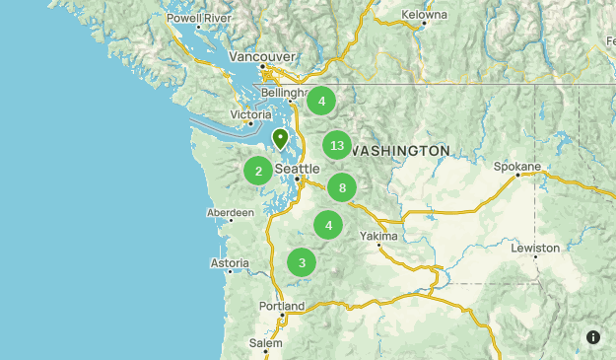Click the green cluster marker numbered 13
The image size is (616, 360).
(337, 145)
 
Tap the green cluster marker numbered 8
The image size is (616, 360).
(342, 187)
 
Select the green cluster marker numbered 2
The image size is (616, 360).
(258, 171)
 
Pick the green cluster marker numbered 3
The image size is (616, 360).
(302, 262)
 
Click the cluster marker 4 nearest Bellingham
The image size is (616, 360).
(321, 101)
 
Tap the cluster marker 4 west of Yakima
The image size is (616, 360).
(328, 225)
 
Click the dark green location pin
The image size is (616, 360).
(280, 139)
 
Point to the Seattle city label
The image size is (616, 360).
(297, 170)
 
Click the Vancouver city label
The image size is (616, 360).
(261, 57)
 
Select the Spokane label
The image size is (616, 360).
(517, 167)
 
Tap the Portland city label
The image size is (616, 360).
(282, 306)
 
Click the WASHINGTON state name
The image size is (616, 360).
(400, 151)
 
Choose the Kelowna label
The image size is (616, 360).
(424, 15)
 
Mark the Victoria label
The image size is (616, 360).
(250, 114)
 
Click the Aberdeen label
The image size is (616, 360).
(231, 212)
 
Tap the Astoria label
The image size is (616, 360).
(230, 263)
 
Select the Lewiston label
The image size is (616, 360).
(535, 248)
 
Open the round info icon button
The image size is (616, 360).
(593, 337)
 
